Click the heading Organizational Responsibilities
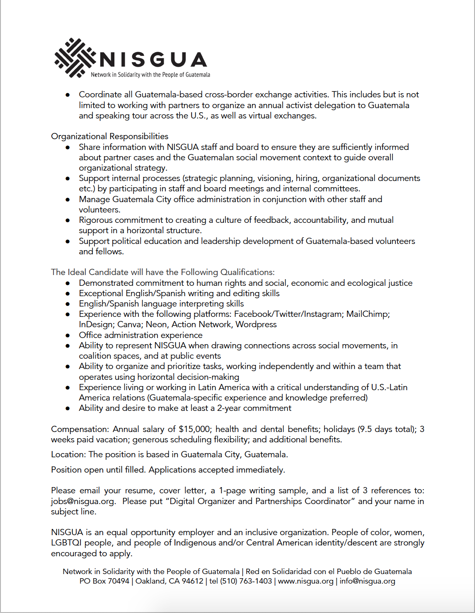tap(109, 136)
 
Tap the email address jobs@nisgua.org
tap(83, 501)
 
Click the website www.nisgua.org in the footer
tap(305, 581)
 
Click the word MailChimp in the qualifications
tap(368, 314)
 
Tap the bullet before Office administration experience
tap(68, 335)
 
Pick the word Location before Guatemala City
tap(68, 454)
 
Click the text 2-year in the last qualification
tap(229, 408)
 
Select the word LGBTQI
tap(66, 543)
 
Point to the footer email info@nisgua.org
tap(367, 581)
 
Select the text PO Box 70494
tap(104, 581)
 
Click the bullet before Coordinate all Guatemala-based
tap(68, 95)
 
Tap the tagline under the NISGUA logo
tap(150, 75)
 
